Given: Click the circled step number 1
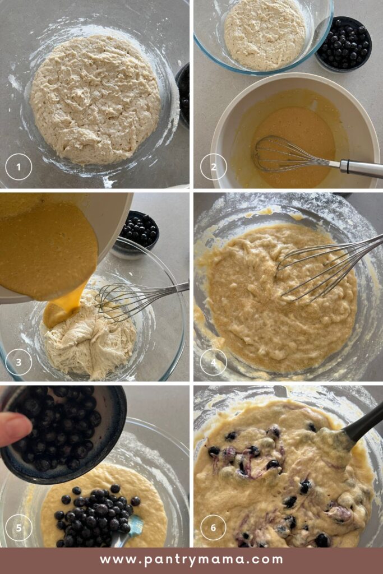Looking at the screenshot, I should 19,166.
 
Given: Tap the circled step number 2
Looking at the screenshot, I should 213,166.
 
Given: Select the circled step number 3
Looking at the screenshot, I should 19,362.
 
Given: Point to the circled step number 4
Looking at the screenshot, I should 213,362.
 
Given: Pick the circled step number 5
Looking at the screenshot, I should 19,527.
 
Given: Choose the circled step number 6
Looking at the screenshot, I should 213,527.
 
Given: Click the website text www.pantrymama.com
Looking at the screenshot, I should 191,559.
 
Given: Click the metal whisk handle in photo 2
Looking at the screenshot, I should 359,167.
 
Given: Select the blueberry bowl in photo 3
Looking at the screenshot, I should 137,231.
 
